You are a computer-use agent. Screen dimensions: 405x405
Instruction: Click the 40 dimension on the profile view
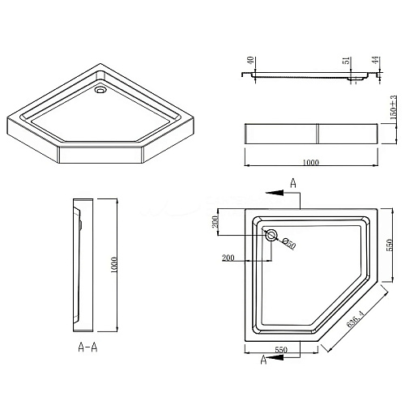pos(252,61)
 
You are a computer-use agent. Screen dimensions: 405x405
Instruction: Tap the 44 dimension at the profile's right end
pos(375,62)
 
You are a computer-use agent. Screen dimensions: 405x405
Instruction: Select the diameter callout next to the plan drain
pos(289,245)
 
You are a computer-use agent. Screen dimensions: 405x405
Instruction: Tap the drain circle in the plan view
pos(271,237)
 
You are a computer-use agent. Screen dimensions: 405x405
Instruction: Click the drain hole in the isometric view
pos(100,92)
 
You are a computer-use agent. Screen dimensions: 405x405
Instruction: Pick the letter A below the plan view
pos(264,362)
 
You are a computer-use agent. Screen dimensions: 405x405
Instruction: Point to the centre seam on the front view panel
pos(317,134)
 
